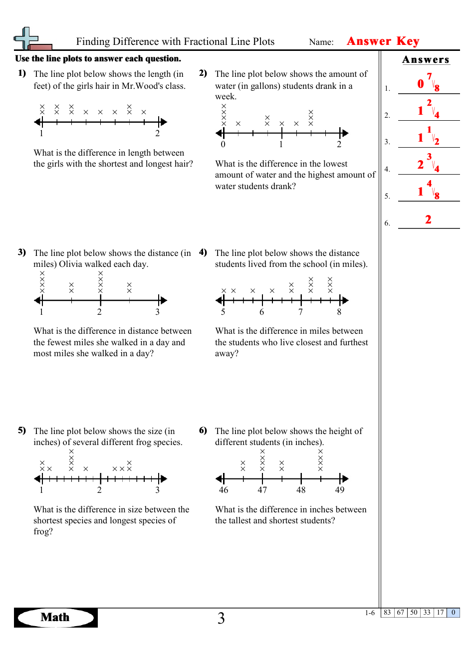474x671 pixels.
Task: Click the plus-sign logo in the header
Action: [x=27, y=38]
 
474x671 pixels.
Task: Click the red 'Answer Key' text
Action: [x=383, y=41]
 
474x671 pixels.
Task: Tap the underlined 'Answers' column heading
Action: [x=426, y=60]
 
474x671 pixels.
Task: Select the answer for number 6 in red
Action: [x=428, y=220]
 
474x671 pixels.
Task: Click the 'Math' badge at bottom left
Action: [x=55, y=618]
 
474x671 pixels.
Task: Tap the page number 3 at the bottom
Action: [x=221, y=619]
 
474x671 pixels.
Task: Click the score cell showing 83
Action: [x=387, y=613]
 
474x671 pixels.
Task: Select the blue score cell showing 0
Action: [x=453, y=613]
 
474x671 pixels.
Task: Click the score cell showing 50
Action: [x=414, y=613]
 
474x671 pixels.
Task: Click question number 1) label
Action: [x=22, y=73]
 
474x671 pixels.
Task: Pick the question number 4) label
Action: [x=203, y=252]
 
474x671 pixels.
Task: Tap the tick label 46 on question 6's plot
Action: [x=224, y=490]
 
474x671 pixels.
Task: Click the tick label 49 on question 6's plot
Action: [x=340, y=490]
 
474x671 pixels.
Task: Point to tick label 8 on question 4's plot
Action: [x=339, y=312]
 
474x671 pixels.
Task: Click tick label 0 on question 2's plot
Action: [x=223, y=145]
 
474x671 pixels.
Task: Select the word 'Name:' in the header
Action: [x=321, y=42]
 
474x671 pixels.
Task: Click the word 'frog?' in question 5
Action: [x=43, y=532]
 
